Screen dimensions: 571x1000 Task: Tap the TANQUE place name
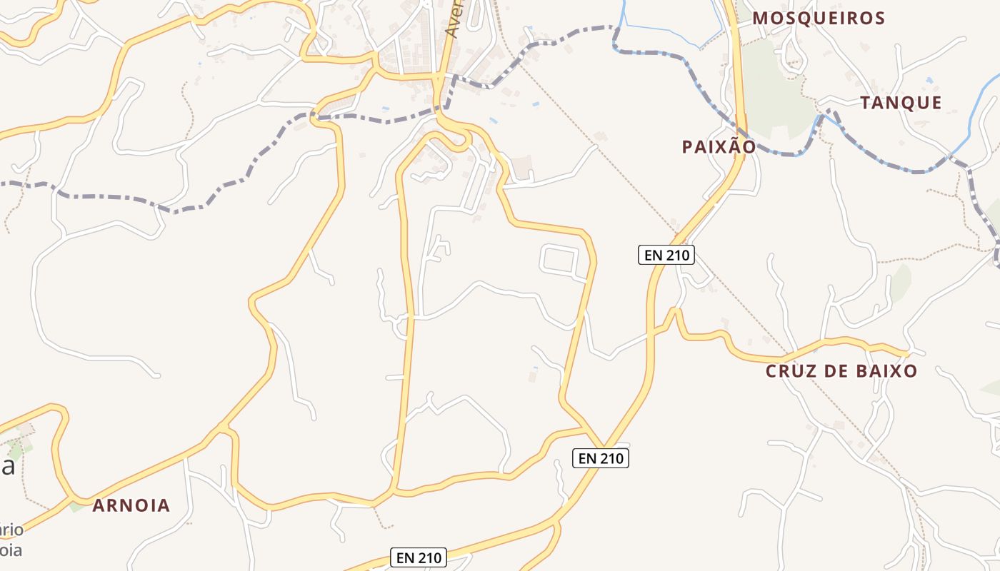[901, 103]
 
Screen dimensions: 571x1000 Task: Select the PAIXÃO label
[718, 147]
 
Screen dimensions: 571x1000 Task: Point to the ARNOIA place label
[131, 505]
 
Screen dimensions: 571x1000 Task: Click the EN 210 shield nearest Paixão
[666, 254]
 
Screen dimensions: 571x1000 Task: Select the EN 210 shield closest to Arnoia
[419, 557]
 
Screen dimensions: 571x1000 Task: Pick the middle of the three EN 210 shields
[600, 458]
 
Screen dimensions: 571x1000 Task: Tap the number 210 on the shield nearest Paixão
[675, 254]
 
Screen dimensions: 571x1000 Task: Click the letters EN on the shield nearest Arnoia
[405, 557]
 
